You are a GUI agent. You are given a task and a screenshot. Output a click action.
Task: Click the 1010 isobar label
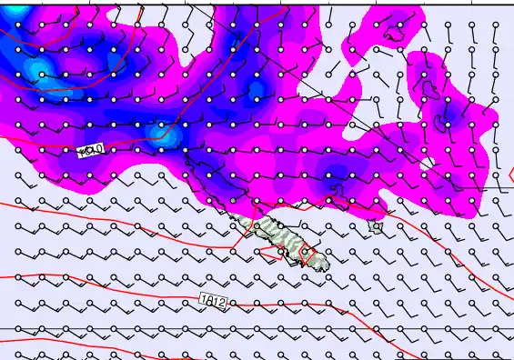click(x=92, y=150)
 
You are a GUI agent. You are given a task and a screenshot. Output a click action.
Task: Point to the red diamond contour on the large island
click(x=308, y=256)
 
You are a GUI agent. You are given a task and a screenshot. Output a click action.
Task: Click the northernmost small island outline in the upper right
click(x=395, y=35)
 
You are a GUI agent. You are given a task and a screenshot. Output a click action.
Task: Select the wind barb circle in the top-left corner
click(x=17, y=24)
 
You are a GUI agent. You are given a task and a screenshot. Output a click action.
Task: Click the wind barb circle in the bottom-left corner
click(x=17, y=353)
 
